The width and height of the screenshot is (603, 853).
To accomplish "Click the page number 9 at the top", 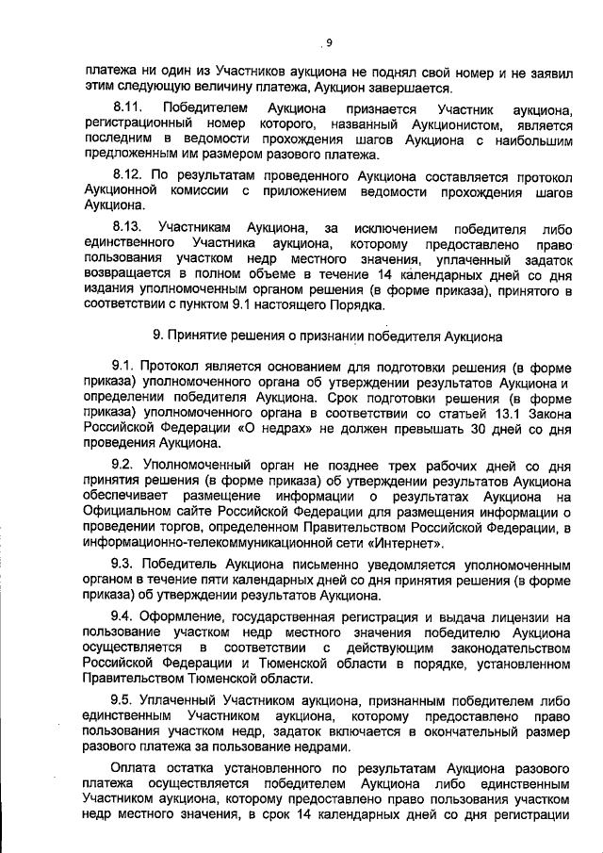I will pos(329,41).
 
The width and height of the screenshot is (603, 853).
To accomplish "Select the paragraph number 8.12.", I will pos(126,176).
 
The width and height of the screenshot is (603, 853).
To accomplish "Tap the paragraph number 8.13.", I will pos(126,228).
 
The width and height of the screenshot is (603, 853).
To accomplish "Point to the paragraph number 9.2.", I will pos(123,464).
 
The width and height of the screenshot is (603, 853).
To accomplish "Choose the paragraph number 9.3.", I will pos(123,563).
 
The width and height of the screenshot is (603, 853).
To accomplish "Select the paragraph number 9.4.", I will pos(123,616).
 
